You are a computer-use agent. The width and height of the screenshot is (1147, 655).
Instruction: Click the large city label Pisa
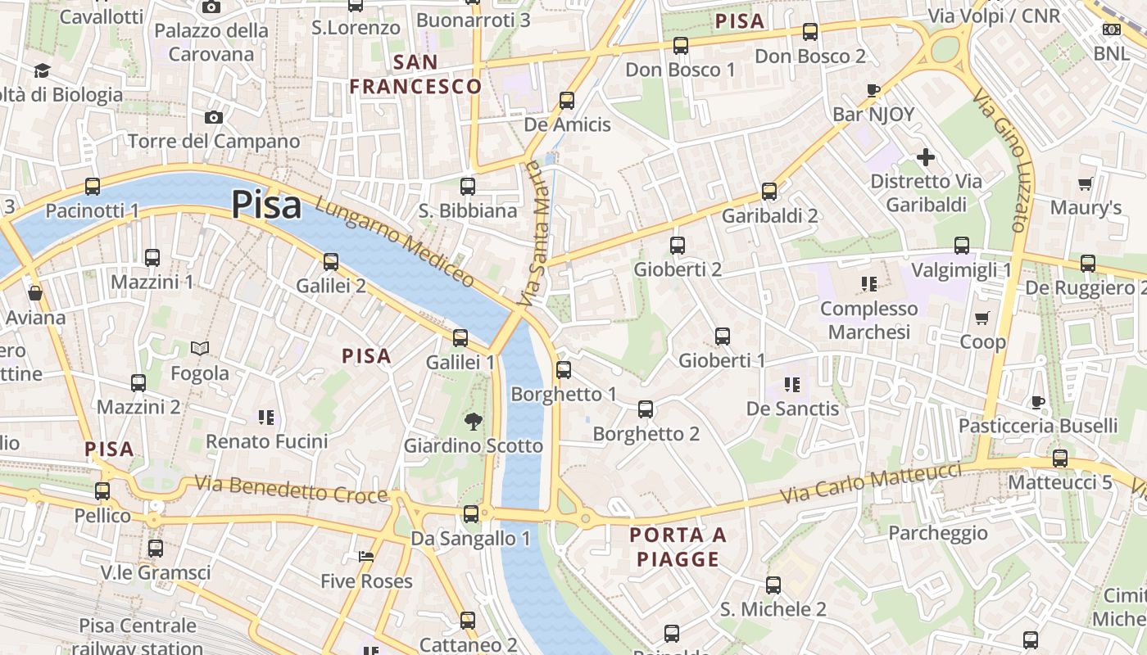click(x=266, y=205)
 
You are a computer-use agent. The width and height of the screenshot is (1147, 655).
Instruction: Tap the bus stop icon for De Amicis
click(x=566, y=101)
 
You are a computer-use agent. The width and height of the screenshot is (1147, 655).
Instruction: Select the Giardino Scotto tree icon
click(x=473, y=422)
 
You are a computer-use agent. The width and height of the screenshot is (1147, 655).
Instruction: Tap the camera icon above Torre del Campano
click(x=214, y=118)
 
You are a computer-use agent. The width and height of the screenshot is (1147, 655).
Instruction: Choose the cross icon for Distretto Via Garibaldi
click(x=926, y=157)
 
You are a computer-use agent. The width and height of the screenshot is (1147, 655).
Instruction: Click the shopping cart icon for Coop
click(x=982, y=318)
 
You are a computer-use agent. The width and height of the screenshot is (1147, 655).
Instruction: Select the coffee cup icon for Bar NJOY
click(x=873, y=90)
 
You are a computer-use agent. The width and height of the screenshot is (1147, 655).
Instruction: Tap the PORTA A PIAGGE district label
click(x=678, y=548)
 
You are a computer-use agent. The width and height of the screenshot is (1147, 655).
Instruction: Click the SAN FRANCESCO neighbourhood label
click(x=415, y=75)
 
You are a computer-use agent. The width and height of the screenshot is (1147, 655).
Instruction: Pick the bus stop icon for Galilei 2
click(x=331, y=261)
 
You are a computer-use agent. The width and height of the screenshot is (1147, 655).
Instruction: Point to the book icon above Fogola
click(x=200, y=349)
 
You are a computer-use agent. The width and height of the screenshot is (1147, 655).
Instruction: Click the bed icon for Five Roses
click(x=366, y=557)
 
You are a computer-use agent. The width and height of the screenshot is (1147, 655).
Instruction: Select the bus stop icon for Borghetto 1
click(x=564, y=369)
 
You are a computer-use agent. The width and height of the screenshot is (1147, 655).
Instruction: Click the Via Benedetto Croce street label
click(x=290, y=490)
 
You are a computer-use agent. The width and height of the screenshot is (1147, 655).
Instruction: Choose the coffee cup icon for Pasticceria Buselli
click(x=1038, y=402)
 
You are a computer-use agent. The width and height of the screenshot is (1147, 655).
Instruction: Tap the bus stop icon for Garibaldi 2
click(x=769, y=192)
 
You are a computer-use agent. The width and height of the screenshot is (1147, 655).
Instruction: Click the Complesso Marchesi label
click(x=868, y=320)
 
